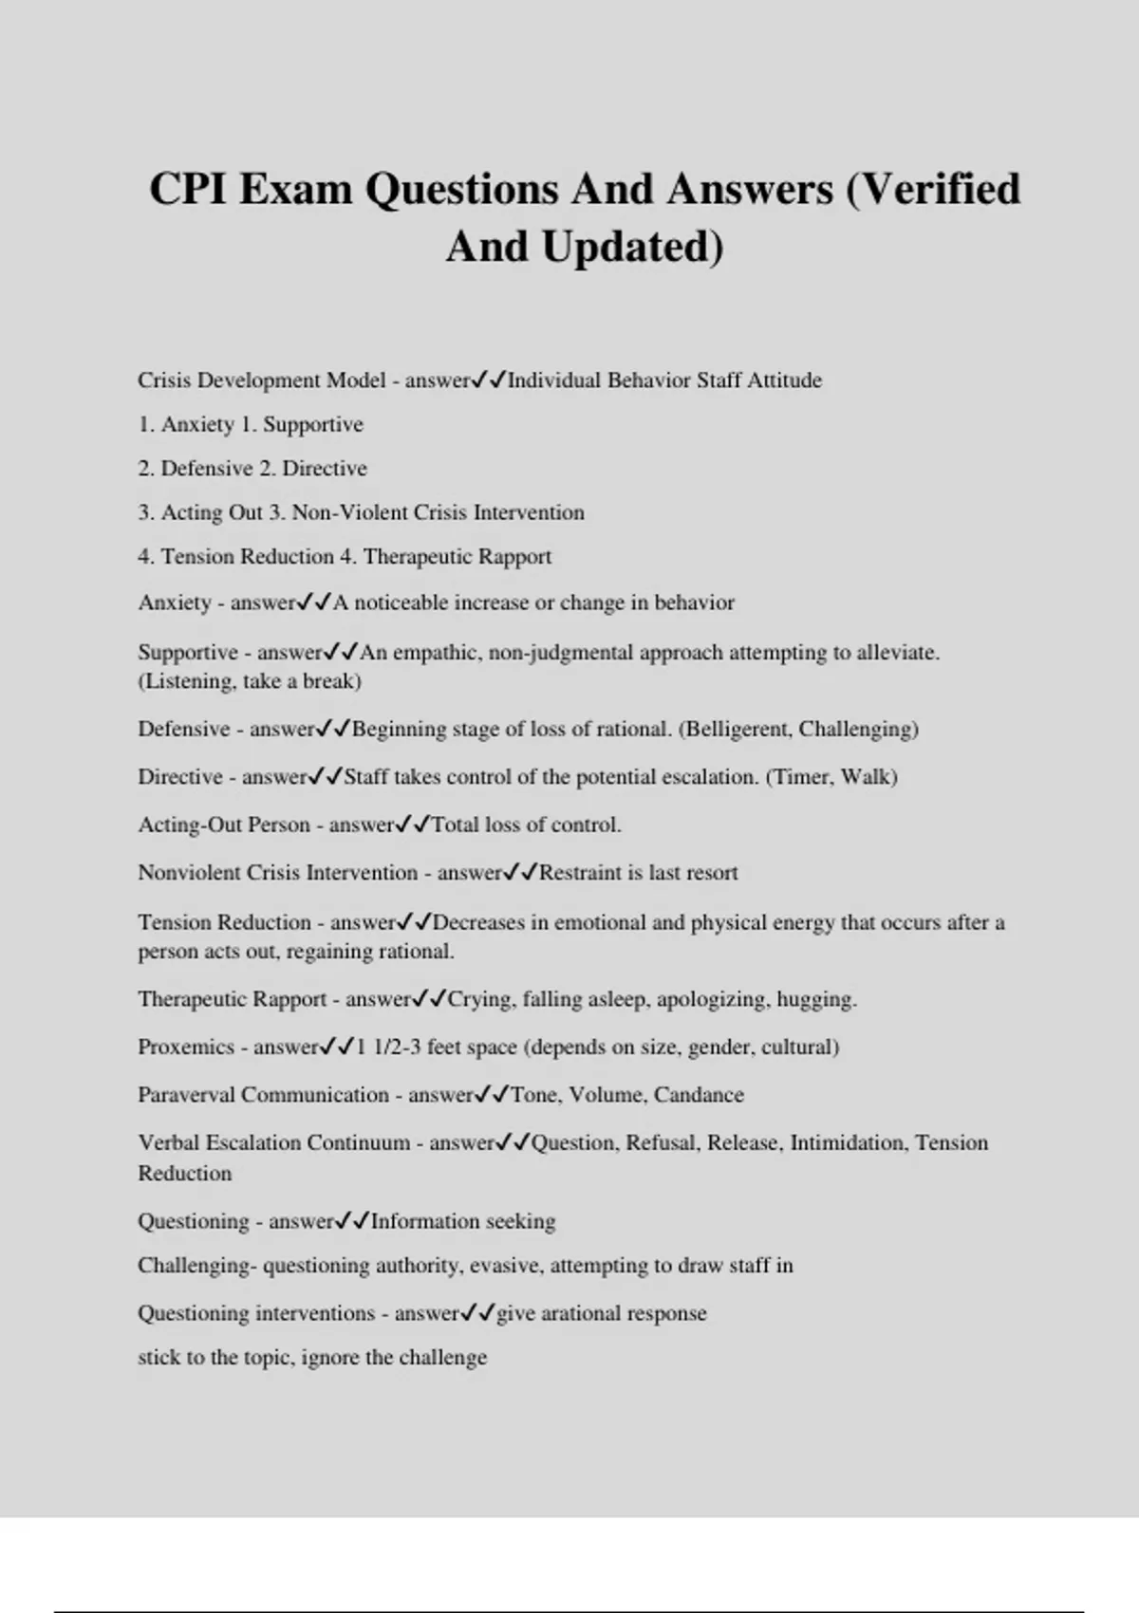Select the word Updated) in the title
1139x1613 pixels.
click(x=632, y=247)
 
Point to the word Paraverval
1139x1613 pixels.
click(x=186, y=1095)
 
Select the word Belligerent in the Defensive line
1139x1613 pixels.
click(x=738, y=730)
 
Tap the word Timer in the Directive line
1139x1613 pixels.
click(x=802, y=777)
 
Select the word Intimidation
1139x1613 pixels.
click(x=849, y=1142)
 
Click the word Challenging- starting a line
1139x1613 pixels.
click(x=196, y=1266)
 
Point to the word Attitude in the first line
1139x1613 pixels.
click(x=784, y=380)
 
